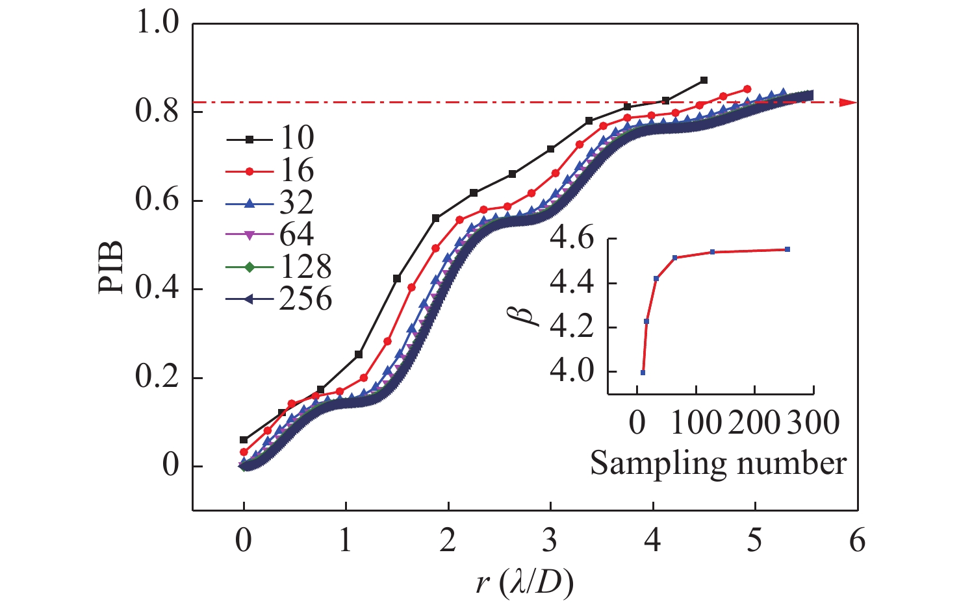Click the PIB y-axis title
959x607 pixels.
112,267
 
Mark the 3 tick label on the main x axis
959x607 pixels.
550,541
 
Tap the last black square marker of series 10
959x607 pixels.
704,81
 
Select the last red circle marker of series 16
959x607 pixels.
747,89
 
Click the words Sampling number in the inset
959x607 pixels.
718,464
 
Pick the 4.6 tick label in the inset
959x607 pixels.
571,240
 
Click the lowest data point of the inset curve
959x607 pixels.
643,373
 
